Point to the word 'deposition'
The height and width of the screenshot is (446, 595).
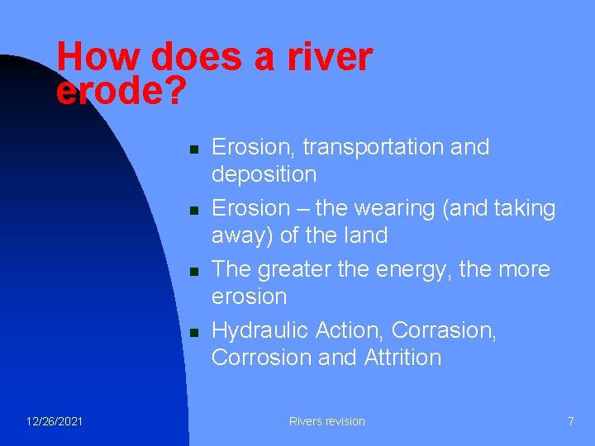coord(264,174)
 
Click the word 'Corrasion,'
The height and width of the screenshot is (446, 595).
coord(444,330)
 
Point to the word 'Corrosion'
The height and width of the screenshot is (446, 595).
coord(261,358)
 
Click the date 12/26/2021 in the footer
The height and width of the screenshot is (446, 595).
coord(54,421)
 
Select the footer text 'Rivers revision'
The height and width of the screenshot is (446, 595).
coord(326,421)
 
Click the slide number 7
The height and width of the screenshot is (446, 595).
coord(570,421)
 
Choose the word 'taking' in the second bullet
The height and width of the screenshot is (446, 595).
coord(523,208)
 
